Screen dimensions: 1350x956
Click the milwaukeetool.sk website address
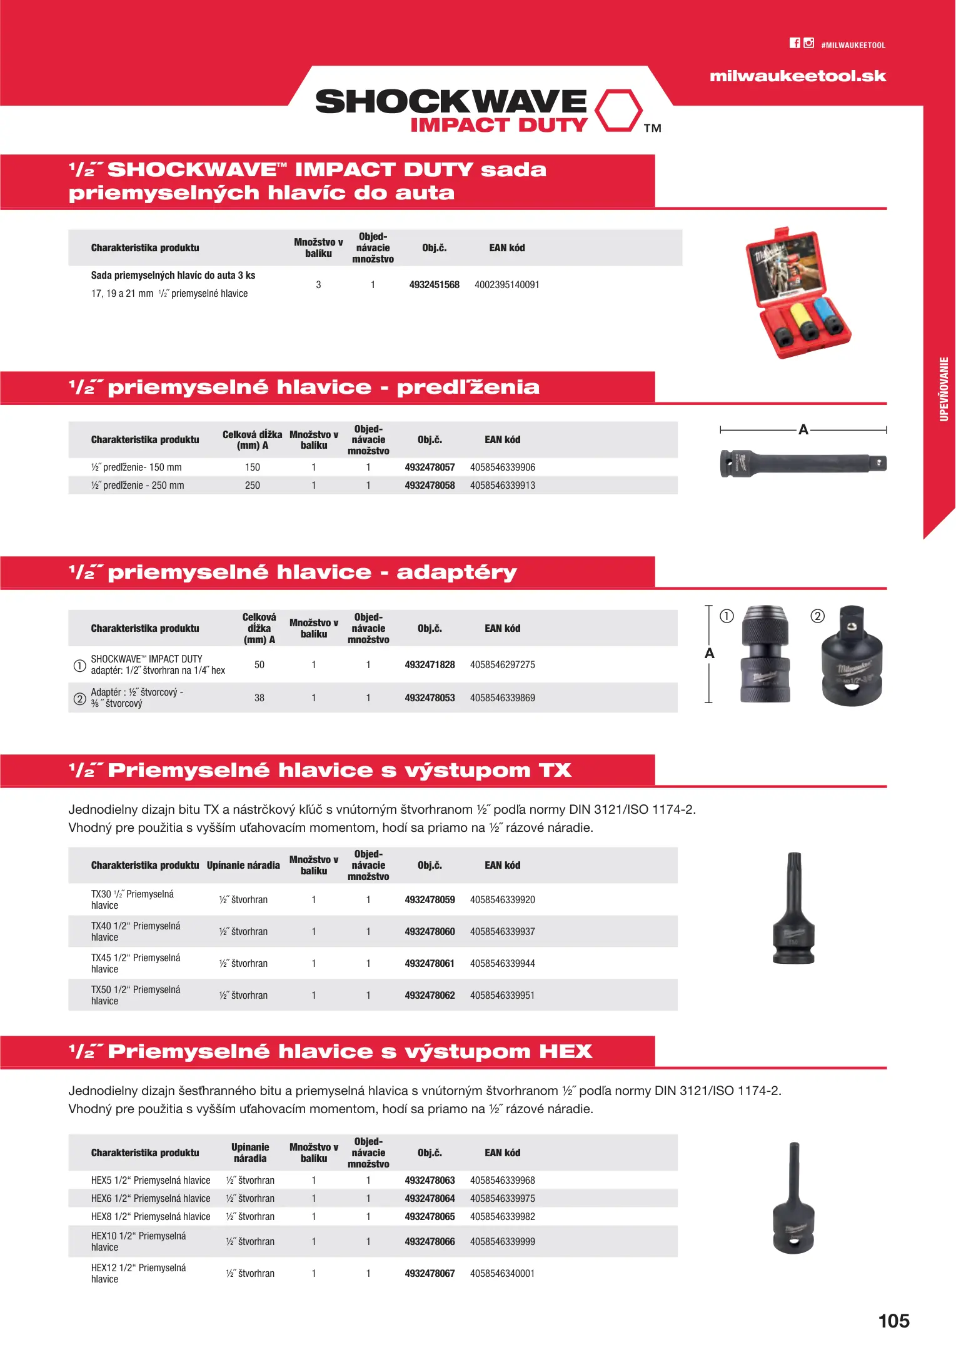(798, 76)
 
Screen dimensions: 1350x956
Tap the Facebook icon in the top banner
(795, 43)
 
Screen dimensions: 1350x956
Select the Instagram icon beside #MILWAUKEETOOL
(808, 43)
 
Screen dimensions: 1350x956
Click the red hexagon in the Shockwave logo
(618, 111)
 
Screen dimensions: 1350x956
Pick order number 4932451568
(434, 285)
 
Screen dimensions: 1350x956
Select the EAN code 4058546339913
(502, 486)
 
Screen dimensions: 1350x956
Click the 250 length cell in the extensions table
(253, 486)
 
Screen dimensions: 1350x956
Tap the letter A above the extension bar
(803, 429)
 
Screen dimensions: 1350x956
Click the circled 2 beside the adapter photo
(817, 616)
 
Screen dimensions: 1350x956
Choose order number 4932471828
(430, 665)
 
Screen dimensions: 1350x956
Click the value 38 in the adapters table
(259, 698)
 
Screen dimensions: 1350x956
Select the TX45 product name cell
(136, 963)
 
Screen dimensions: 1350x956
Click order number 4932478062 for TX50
(430, 996)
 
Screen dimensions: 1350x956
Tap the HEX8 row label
(151, 1217)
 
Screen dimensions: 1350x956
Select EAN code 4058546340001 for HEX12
(502, 1274)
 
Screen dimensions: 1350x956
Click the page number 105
(893, 1321)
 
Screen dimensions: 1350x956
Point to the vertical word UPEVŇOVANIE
(943, 389)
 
